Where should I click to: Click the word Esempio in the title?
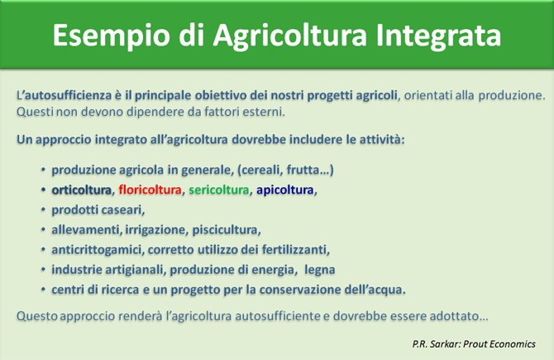[x=112, y=36]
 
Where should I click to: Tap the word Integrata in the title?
[x=438, y=36]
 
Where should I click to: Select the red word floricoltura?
[x=150, y=190]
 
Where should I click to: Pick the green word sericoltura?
[x=218, y=190]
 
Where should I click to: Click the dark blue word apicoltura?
[x=285, y=190]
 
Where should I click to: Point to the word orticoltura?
[x=82, y=190]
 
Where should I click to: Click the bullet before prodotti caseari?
[x=43, y=210]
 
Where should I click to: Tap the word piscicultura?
[x=226, y=230]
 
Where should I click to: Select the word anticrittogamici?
[x=97, y=250]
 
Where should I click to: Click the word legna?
[x=320, y=270]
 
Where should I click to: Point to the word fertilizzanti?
[x=295, y=250]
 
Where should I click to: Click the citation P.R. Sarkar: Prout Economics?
[x=474, y=343]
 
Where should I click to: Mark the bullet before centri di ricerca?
[x=43, y=290]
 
